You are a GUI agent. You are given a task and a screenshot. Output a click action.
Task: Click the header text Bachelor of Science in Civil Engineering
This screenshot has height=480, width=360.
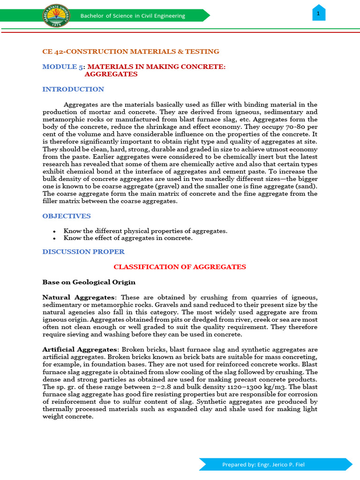point(133,16)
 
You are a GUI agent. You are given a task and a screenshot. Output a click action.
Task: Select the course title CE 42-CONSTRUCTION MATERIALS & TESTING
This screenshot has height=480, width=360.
point(131,52)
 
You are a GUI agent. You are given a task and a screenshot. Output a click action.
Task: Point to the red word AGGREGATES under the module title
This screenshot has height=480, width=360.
point(111,74)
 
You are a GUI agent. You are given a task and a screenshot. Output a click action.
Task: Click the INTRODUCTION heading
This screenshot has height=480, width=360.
point(73,89)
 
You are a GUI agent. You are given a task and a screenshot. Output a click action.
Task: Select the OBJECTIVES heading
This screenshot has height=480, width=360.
point(67,216)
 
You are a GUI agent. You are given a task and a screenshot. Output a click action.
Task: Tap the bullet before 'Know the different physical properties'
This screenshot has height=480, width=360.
point(55,232)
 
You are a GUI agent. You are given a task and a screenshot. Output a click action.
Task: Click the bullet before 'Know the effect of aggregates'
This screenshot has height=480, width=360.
point(55,239)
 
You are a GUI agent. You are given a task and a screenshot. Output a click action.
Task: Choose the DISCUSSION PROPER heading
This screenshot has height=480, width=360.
point(83,252)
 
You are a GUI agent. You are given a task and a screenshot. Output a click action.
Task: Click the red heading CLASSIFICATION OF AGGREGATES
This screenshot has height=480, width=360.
point(180,267)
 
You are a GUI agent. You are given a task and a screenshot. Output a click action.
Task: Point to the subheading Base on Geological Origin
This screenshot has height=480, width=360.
point(89,282)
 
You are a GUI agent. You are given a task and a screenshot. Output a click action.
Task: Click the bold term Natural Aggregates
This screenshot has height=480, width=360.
point(78,298)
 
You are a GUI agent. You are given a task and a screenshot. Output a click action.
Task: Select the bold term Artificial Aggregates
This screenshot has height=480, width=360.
point(80,350)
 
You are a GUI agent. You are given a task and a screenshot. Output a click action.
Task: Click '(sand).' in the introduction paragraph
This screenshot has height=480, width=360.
point(305,187)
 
